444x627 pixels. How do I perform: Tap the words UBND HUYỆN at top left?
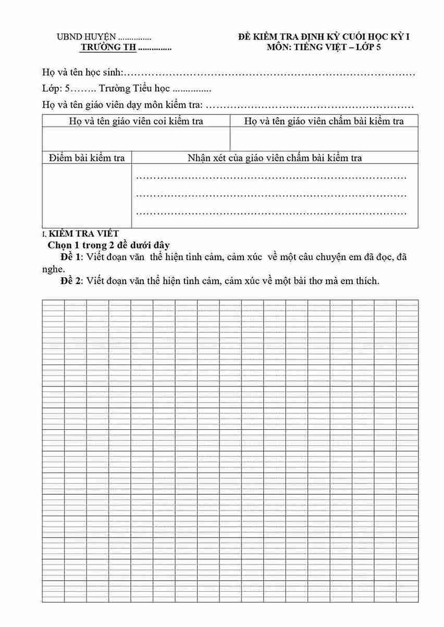tap(87, 37)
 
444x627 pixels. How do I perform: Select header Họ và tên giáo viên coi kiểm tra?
tap(136, 121)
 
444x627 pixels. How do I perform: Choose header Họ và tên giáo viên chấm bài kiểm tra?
tap(324, 121)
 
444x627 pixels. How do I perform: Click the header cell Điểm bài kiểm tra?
tap(87, 158)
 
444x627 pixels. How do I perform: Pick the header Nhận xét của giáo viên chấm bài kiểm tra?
tap(275, 158)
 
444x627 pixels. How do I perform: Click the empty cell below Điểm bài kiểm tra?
tap(87, 196)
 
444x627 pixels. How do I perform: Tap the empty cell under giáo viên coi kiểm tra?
tap(136, 139)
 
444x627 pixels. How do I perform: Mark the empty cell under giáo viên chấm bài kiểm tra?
tap(324, 139)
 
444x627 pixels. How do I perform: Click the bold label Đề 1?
tap(71, 257)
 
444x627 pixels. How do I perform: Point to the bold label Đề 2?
tap(71, 281)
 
